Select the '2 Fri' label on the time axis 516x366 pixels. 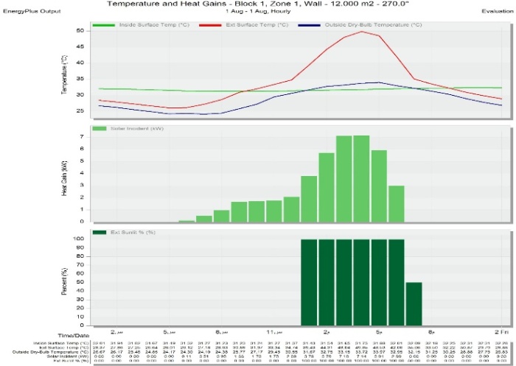click(x=502, y=333)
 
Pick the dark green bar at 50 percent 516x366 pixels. click(x=414, y=303)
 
